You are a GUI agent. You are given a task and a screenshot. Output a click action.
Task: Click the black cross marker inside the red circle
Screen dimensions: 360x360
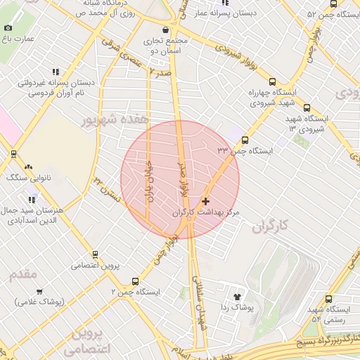[x=205, y=201]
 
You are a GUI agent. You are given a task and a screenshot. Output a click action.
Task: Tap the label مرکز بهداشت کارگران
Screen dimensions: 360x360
[x=206, y=212]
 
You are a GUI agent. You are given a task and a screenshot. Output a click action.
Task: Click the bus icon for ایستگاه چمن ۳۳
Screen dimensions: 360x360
[x=245, y=140]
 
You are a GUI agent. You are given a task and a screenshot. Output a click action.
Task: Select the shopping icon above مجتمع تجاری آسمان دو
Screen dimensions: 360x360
[x=165, y=30]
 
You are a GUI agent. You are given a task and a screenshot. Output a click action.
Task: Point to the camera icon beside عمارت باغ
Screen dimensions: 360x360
[x=8, y=27]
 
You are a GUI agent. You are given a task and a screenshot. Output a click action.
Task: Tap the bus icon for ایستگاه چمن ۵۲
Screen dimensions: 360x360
[x=292, y=14]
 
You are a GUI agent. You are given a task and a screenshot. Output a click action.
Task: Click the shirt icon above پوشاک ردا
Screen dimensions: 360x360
[x=236, y=297]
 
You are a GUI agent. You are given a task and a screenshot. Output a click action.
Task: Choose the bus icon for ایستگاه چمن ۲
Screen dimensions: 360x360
[x=135, y=281]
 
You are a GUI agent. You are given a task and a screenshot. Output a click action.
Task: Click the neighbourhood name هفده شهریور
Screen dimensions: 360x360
[x=116, y=119]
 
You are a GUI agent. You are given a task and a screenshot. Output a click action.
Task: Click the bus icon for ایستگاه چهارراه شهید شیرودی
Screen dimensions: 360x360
[x=272, y=82]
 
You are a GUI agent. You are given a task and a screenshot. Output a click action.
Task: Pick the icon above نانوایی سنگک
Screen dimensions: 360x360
[x=28, y=167]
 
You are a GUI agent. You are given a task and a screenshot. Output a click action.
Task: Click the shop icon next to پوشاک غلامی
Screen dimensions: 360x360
[x=39, y=291]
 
